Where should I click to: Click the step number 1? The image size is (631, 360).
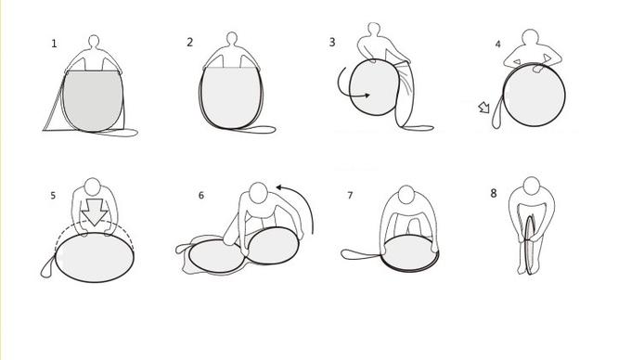point(54,44)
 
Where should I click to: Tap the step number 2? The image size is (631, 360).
point(190,43)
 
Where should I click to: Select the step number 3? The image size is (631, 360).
point(332,43)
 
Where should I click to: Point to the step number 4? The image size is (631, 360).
point(497,45)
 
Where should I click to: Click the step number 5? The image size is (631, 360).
point(53,196)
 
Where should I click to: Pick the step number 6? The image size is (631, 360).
point(201,196)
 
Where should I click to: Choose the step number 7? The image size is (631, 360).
point(350,196)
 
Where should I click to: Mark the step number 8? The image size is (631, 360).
point(494,194)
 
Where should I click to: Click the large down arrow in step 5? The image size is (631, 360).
point(95,212)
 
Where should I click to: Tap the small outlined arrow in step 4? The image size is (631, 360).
point(483,108)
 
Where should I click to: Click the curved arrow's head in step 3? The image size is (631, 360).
point(367,96)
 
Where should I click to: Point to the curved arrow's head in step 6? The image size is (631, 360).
point(279,187)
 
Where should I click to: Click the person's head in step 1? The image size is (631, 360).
point(94,42)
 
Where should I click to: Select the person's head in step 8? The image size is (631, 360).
point(532,186)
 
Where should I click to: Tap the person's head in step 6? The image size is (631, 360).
point(258,193)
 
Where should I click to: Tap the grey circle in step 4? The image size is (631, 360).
point(534,96)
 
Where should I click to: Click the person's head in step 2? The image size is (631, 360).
point(232,39)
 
